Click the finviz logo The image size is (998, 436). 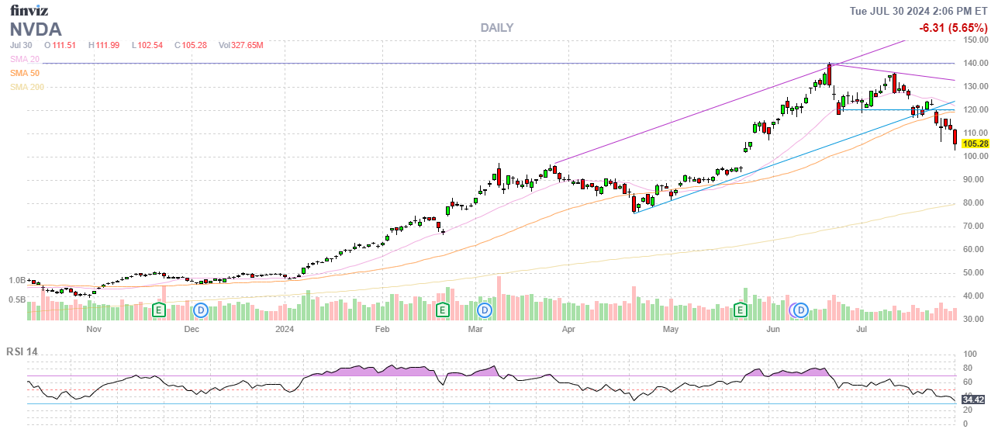(30, 10)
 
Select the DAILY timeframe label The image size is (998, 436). (496, 28)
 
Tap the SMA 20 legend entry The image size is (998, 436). (25, 59)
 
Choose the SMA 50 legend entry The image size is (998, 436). (25, 73)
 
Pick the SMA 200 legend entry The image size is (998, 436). (27, 87)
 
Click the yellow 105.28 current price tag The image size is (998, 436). (975, 144)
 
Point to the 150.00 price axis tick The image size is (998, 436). (976, 40)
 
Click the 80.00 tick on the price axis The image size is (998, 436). (975, 203)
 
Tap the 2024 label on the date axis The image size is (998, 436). (285, 329)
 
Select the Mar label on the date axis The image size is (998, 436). (475, 329)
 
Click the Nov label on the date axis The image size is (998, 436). (94, 329)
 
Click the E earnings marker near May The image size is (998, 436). (741, 310)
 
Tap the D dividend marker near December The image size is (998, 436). (201, 310)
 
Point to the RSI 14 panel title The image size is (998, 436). (22, 351)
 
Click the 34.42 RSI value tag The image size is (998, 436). (973, 400)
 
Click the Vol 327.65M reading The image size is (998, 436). (241, 45)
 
